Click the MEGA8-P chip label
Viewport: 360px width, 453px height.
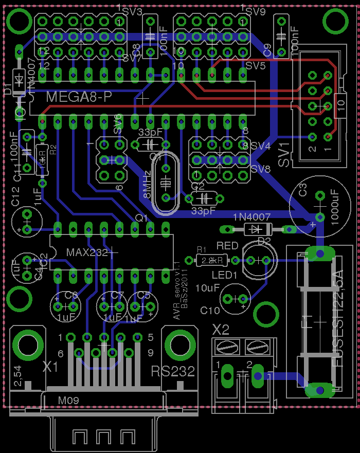[x=79, y=97]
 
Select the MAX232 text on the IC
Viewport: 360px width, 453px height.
[x=88, y=252]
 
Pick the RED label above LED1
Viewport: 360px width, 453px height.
[x=227, y=245]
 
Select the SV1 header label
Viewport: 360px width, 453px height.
[x=284, y=154]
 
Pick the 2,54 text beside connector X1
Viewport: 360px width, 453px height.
[x=17, y=377]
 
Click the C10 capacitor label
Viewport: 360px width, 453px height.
[x=210, y=310]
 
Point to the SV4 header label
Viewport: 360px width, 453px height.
[x=260, y=146]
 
